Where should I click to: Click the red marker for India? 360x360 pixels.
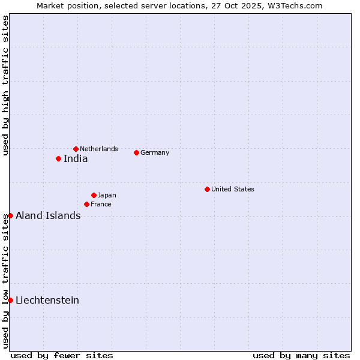[x=58, y=158]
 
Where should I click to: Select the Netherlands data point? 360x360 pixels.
[x=76, y=149]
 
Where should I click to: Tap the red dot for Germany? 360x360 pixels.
[x=136, y=152]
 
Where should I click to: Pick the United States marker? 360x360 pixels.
[x=207, y=189]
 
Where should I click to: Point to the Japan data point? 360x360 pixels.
[x=94, y=195]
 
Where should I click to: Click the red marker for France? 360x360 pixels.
[x=86, y=204]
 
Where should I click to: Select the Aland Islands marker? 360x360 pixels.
[x=10, y=215]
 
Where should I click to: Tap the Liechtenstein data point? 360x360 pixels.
[x=10, y=300]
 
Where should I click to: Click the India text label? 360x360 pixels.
[x=76, y=159]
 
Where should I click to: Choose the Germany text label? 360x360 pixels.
[x=155, y=152]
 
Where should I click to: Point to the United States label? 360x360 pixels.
[x=233, y=189]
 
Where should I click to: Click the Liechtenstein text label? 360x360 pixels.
[x=47, y=300]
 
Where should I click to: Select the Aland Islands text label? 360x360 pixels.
[x=48, y=216]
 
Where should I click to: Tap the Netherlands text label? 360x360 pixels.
[x=99, y=149]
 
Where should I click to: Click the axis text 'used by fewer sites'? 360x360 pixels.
[x=62, y=355]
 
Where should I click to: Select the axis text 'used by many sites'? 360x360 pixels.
[x=301, y=355]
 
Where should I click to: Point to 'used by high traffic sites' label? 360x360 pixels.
[x=5, y=85]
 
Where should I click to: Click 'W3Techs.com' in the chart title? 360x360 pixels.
[x=298, y=5]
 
